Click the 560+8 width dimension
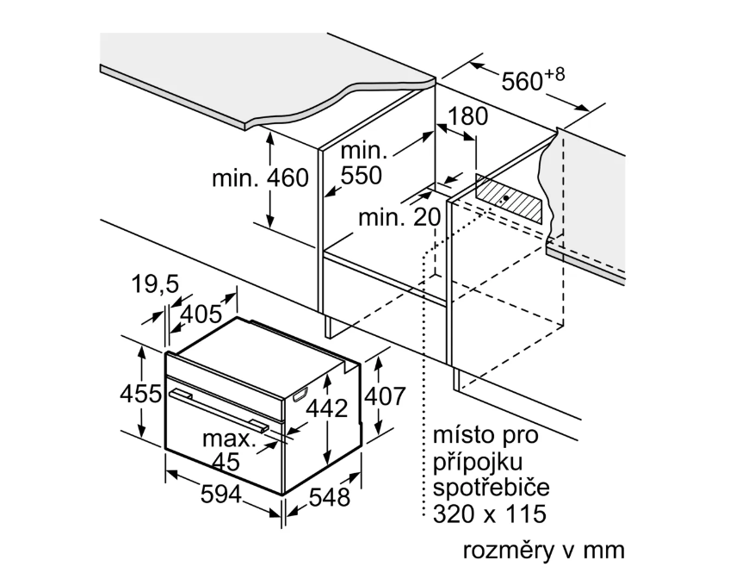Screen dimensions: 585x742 533,80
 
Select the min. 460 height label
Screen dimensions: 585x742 259,178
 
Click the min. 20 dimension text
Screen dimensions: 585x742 399,218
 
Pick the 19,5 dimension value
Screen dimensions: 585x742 155,284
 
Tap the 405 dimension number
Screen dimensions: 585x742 205,314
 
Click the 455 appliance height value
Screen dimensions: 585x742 140,394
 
